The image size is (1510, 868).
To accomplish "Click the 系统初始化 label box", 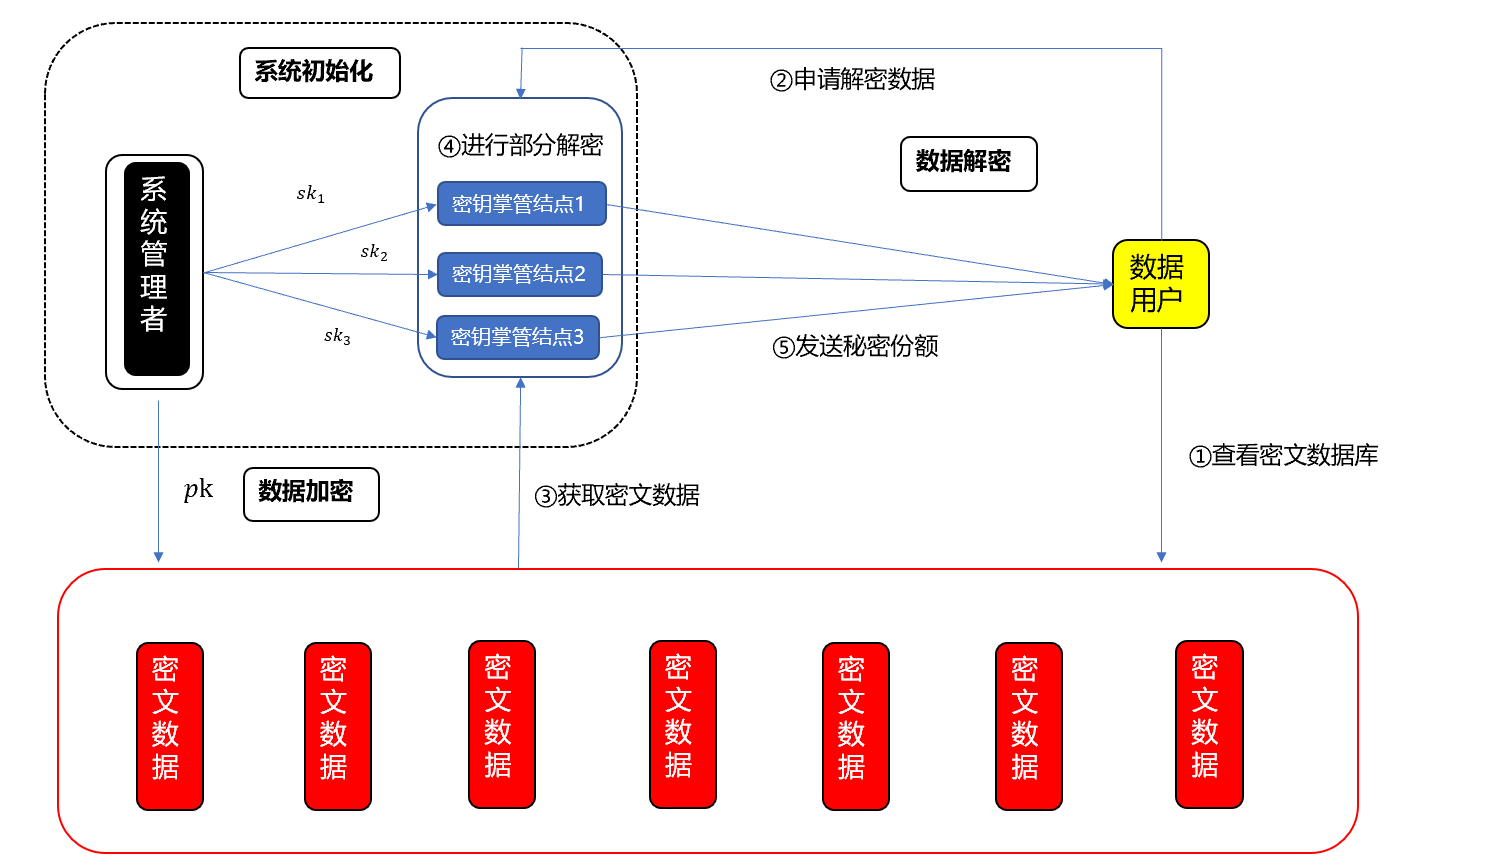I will (319, 73).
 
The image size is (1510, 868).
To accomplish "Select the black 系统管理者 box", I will (155, 270).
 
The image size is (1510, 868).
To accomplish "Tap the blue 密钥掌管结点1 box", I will (521, 204).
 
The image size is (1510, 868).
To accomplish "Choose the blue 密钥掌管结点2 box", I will (519, 274).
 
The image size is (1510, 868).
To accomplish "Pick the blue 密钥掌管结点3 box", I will (517, 337).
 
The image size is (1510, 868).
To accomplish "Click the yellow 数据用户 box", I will (1160, 284).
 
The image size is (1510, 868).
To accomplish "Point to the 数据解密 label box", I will (967, 163).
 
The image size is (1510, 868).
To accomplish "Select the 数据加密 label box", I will (310, 494).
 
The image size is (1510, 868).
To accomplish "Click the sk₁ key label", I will (310, 194).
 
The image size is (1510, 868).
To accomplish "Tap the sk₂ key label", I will (374, 252).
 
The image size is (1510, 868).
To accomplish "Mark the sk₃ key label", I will (337, 336).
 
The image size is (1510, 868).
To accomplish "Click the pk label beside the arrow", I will (198, 489).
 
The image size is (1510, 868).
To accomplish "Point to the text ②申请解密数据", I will (852, 80).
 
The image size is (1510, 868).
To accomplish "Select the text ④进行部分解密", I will (520, 146).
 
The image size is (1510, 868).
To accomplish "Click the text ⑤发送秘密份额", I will (855, 347).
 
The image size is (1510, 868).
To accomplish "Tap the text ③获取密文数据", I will (617, 496).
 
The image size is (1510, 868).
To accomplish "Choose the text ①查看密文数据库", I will (1283, 456).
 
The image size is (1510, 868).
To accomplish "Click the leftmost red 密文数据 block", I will (169, 725).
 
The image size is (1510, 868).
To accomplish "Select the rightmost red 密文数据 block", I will (1209, 724).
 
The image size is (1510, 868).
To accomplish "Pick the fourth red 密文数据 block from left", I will (682, 724).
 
